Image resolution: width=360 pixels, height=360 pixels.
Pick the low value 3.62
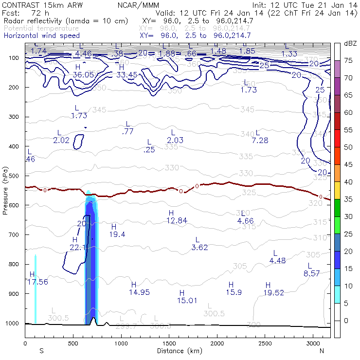point(200,247)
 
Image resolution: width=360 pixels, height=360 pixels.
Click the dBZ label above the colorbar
point(350,44)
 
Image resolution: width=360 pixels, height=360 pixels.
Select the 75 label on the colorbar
point(349,60)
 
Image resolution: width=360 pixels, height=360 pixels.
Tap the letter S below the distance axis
point(41,351)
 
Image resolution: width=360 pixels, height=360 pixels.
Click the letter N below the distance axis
point(322,351)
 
